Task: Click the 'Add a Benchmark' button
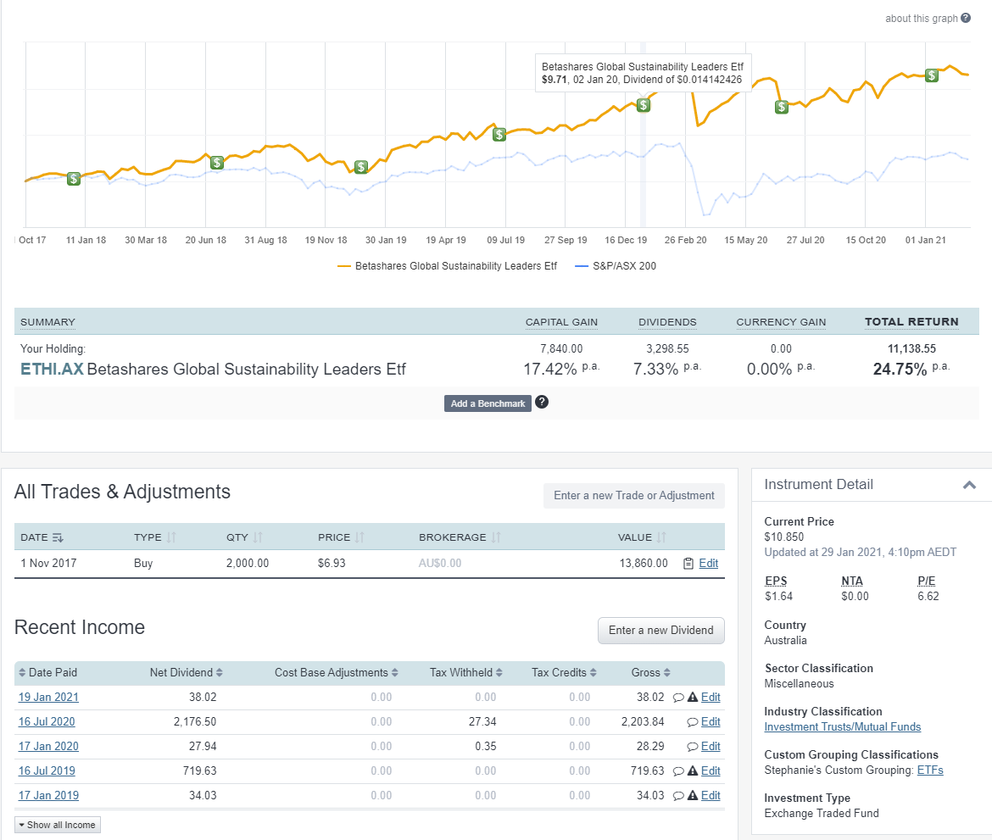[488, 403]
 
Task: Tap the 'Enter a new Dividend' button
[661, 630]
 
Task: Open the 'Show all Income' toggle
[58, 825]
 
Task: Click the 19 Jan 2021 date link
[48, 698]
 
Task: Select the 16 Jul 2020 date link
[47, 722]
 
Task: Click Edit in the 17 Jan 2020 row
[711, 747]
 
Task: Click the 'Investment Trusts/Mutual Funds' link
[842, 726]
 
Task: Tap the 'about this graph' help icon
[966, 19]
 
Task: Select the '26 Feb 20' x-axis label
[685, 241]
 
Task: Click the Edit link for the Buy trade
[708, 564]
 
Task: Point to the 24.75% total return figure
[900, 369]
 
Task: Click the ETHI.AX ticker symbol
[52, 370]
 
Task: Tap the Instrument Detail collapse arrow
[969, 485]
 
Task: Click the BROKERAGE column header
[453, 537]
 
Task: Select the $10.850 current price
[783, 537]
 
